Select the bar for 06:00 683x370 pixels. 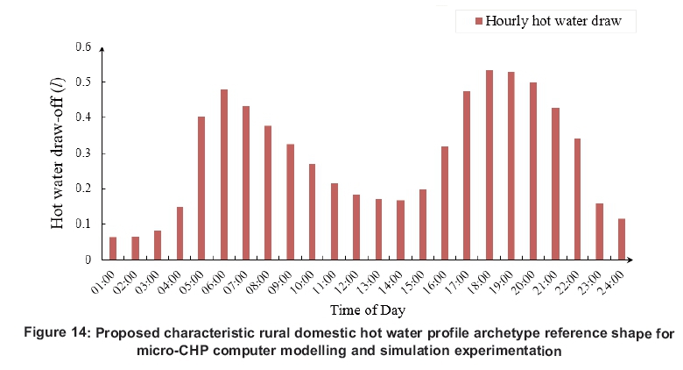[224, 174]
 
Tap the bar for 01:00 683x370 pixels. [113, 248]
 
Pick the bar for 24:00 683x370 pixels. [622, 238]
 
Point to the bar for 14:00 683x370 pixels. [401, 230]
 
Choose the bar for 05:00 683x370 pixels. [201, 188]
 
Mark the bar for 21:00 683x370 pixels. [555, 183]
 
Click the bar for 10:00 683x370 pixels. [313, 211]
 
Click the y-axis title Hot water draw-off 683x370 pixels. [58, 154]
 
